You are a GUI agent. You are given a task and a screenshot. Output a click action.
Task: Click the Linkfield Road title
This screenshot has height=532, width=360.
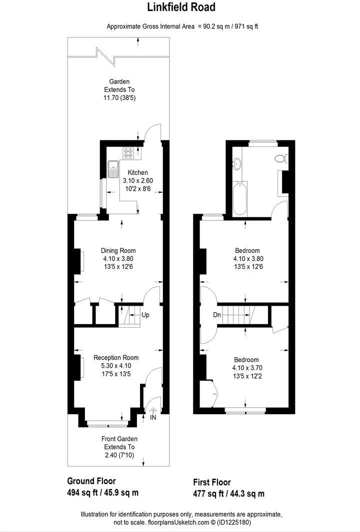point(181,7)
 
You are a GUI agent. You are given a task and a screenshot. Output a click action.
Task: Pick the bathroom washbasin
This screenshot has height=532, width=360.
point(236,163)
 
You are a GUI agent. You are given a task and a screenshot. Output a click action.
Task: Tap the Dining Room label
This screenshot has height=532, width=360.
point(118,251)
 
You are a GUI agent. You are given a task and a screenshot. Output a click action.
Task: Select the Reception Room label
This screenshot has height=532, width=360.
point(116,358)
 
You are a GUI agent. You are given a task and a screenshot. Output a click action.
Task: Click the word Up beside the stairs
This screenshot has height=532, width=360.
point(145,315)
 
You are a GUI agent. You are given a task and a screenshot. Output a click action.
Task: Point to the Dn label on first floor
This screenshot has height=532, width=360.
point(217,315)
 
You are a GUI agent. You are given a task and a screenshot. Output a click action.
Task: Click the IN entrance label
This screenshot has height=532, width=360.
point(153,418)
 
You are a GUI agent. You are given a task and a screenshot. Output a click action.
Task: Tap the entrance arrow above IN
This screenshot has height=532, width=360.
point(153,410)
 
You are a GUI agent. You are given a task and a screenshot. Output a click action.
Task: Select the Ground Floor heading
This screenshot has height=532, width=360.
point(91,481)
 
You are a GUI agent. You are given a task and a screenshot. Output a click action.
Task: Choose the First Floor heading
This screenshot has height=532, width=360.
point(212,483)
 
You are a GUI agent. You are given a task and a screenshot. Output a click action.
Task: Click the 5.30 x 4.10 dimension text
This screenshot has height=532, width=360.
point(116,366)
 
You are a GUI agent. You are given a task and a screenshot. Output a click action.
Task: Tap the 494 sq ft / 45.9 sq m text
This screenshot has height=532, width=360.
point(102,493)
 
